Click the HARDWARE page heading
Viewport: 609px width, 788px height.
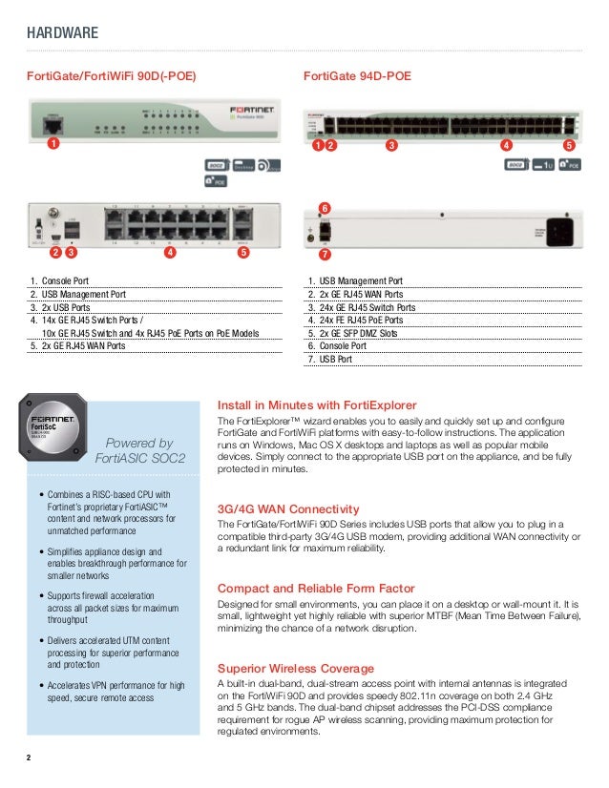pyautogui.click(x=62, y=34)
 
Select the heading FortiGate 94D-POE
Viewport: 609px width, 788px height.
pyautogui.click(x=357, y=75)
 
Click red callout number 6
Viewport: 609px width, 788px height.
pyautogui.click(x=325, y=207)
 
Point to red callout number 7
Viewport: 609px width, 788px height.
pyautogui.click(x=325, y=255)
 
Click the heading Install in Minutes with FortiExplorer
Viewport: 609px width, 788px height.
pyautogui.click(x=317, y=404)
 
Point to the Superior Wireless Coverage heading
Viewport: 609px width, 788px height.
pyautogui.click(x=296, y=668)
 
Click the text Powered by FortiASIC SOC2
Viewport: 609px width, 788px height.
pyautogui.click(x=139, y=450)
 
